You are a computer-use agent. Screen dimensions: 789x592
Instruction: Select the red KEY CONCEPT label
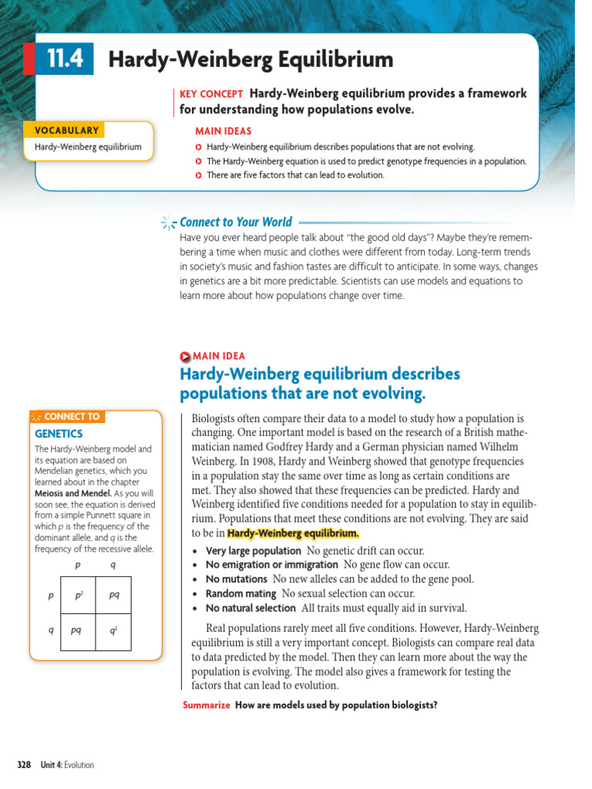point(211,94)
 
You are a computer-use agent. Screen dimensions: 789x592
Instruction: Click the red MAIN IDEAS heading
point(223,131)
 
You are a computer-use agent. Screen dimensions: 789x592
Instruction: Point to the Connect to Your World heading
point(235,223)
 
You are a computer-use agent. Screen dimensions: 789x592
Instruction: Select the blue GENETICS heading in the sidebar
point(59,434)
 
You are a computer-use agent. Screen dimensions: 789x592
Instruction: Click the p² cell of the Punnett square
point(79,596)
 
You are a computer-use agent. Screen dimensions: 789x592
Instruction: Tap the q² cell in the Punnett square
point(113,630)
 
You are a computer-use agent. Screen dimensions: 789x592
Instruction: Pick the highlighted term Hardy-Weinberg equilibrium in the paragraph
point(293,533)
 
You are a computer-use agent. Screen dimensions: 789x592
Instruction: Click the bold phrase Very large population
point(253,551)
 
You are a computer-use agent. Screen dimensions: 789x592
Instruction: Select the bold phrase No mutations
point(237,579)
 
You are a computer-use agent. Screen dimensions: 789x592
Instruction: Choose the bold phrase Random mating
point(240,594)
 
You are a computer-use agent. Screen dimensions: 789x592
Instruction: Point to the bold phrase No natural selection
point(251,608)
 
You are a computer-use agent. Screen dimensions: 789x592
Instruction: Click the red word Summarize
point(207,705)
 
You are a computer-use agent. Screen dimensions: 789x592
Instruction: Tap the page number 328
point(24,765)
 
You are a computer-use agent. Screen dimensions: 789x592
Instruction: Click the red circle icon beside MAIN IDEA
point(184,357)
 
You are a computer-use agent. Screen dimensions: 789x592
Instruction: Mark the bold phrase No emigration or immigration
point(272,566)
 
